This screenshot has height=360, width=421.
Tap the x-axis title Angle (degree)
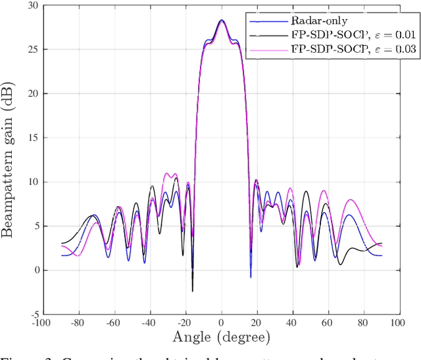tap(222, 338)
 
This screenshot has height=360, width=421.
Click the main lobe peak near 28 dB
tap(222, 20)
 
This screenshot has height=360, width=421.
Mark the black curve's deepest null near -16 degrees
tap(193, 291)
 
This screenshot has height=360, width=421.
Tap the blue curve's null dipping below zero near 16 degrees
tap(251, 277)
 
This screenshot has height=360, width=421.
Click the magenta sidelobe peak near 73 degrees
tap(351, 199)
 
